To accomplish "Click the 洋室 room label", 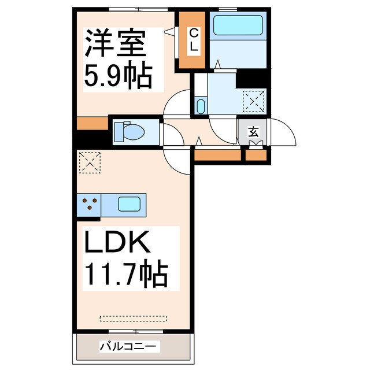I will (x=118, y=43).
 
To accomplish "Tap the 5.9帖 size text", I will (x=118, y=75).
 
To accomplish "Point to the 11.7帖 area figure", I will (x=127, y=275).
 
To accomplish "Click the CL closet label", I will (x=194, y=40).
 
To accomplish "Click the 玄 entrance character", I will (x=254, y=131).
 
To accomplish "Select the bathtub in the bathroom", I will (x=238, y=26).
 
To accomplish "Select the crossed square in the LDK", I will (x=89, y=162).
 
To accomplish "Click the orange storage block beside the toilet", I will (x=92, y=123).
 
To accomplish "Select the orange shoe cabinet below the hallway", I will (x=217, y=155).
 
